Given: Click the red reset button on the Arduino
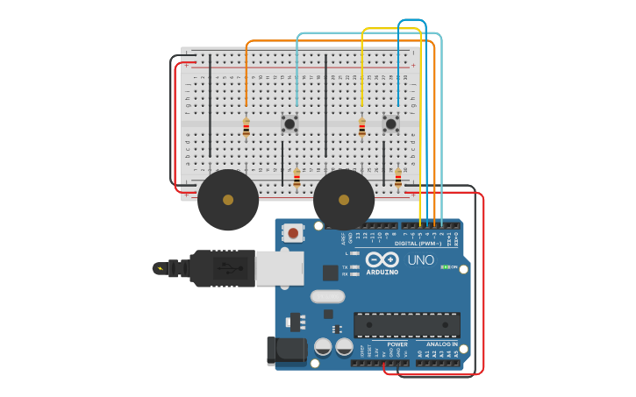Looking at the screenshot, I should (x=293, y=233).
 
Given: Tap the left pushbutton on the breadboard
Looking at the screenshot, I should (x=289, y=124).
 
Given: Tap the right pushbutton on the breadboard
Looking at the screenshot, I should (x=390, y=124).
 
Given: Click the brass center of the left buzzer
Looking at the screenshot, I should (x=228, y=200).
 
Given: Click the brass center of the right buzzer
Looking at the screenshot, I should (x=344, y=200).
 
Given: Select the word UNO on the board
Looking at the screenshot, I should (x=420, y=260).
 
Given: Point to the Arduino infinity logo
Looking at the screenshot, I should (x=382, y=259).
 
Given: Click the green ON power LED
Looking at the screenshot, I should (x=445, y=266).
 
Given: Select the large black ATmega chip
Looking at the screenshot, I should (x=406, y=324).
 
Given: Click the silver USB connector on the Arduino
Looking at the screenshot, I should (x=280, y=268).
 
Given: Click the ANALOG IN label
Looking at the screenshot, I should (x=442, y=344).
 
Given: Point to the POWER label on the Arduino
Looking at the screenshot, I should (x=397, y=344).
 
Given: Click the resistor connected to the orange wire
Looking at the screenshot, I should (x=247, y=127).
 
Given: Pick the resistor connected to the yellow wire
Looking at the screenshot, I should (x=361, y=128).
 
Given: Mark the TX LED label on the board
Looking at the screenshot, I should (x=346, y=266).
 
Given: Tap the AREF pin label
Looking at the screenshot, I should (x=343, y=237).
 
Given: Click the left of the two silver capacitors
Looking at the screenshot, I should (x=323, y=347).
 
